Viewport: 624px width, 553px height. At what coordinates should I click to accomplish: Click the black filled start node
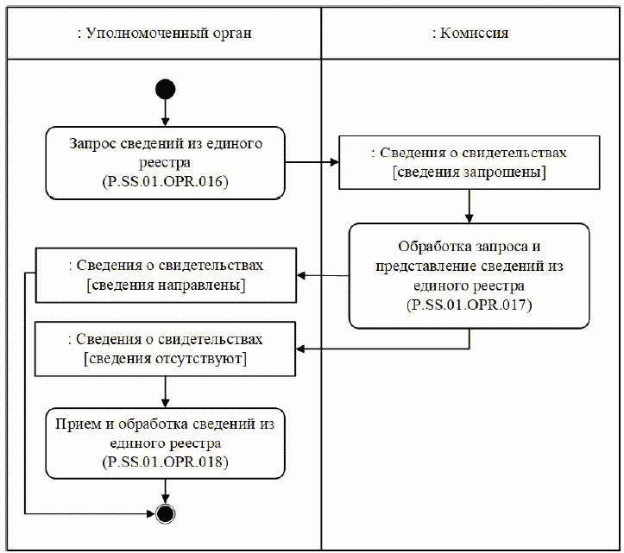165,90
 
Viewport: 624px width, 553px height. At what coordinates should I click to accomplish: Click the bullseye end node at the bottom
165,513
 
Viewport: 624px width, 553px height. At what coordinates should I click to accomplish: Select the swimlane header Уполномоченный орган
164,34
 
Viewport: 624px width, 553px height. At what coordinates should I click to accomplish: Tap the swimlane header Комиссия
470,34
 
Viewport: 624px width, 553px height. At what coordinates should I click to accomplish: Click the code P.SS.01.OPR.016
165,181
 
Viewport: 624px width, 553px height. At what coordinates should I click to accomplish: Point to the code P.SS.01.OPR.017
470,305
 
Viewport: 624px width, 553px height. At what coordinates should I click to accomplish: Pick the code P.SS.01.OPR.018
165,462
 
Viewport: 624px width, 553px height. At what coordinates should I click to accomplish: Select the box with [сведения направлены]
165,274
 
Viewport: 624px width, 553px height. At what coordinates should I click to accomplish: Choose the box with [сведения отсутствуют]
165,348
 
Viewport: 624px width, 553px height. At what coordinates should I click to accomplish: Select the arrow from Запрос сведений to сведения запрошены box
311,161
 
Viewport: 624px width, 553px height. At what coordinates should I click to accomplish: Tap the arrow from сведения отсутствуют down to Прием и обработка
165,388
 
